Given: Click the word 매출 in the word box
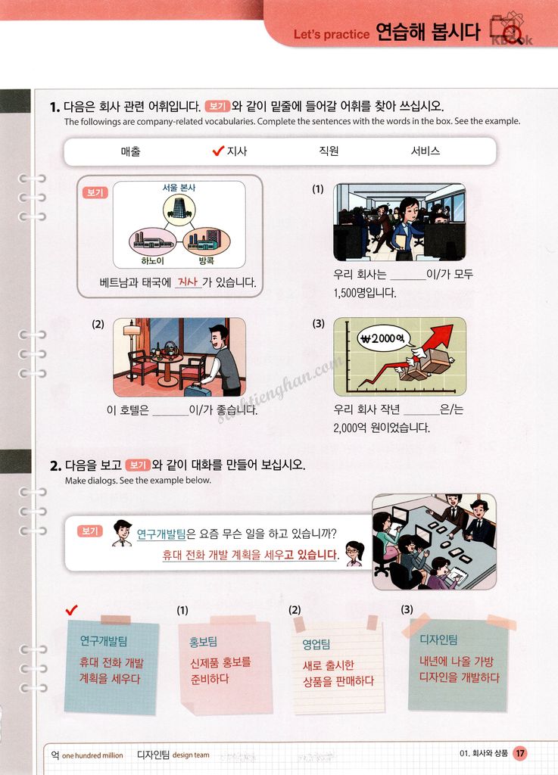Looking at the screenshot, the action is coord(131,151).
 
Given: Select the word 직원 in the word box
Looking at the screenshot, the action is coord(329,151).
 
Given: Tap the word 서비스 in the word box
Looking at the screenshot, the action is coord(425,151).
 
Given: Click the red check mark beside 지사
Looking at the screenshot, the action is coord(218,151).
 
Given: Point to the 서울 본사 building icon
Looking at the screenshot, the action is coord(179,209).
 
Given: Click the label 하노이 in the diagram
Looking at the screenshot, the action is coord(152,260).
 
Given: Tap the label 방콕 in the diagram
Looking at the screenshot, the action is coord(206,260).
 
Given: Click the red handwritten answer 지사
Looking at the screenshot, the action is coord(188,282).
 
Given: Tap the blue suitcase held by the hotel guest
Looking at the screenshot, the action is coord(197,390).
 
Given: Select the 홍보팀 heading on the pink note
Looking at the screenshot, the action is coord(203,642).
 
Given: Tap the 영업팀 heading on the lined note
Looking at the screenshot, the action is coord(316,644).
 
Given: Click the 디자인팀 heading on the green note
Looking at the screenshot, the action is coord(438,640).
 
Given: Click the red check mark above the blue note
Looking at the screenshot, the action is coord(72,610).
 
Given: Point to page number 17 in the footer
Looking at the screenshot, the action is coord(520,753).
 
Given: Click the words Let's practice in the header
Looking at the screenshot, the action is coord(332,35).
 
